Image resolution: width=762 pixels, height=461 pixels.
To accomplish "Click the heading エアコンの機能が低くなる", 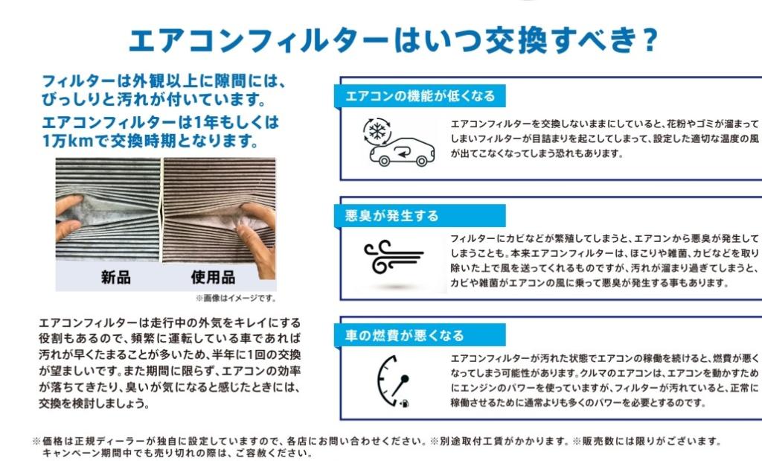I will tap(420, 96).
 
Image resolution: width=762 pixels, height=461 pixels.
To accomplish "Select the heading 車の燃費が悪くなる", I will tap(405, 336).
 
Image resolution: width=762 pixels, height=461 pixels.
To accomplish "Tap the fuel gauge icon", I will tap(392, 380).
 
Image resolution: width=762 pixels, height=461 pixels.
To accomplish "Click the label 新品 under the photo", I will tap(115, 278).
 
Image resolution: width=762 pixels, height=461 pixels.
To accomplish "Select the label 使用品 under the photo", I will tap(213, 278).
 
